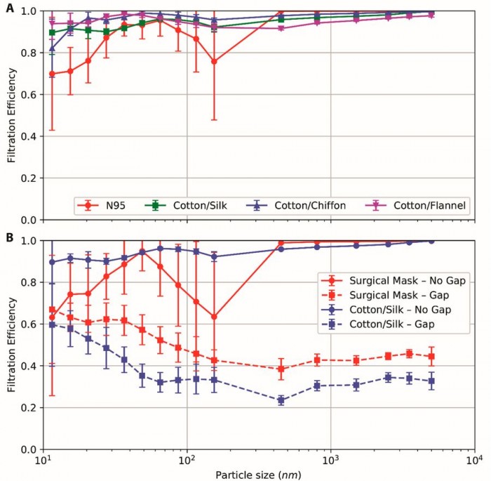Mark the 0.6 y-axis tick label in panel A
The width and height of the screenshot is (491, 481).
click(x=29, y=95)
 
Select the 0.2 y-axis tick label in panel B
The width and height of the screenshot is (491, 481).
click(x=29, y=408)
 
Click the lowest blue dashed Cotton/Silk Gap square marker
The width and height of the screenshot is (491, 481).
click(x=281, y=400)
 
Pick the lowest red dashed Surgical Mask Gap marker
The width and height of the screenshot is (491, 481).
click(x=281, y=369)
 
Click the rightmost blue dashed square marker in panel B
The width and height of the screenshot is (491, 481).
click(x=431, y=381)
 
